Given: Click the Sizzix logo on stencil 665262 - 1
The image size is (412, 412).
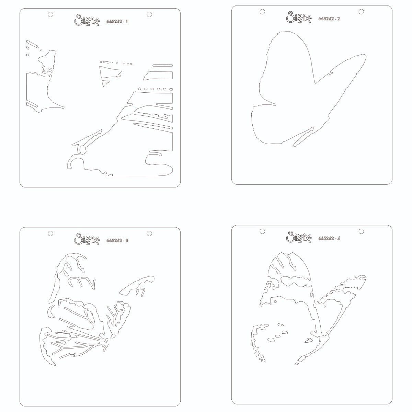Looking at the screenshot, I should (x=87, y=20).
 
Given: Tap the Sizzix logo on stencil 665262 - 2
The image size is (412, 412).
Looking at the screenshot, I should (x=299, y=17).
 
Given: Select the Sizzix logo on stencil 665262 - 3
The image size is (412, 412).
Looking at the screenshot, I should (x=87, y=239).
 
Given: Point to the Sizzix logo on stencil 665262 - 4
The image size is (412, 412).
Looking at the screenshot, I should (x=299, y=237).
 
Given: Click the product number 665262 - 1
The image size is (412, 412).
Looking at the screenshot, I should (x=117, y=22).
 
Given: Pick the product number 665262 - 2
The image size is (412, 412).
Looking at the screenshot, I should (x=329, y=19).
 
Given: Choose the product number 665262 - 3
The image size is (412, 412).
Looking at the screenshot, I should (x=117, y=240).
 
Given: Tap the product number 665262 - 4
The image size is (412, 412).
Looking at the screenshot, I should (x=329, y=238).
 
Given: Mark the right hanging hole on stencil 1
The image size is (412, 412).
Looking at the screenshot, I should (x=149, y=14).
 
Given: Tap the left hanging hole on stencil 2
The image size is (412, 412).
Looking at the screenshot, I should (x=262, y=12).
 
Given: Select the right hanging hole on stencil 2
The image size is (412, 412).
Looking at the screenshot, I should (x=361, y=12).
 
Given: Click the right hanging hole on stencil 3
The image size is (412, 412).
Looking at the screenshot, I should (x=149, y=233).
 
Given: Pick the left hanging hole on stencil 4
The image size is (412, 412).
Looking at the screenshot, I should (x=262, y=231).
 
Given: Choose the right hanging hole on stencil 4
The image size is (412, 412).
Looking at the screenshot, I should (x=361, y=231).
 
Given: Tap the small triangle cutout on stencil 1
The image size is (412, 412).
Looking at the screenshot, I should (x=105, y=83).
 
